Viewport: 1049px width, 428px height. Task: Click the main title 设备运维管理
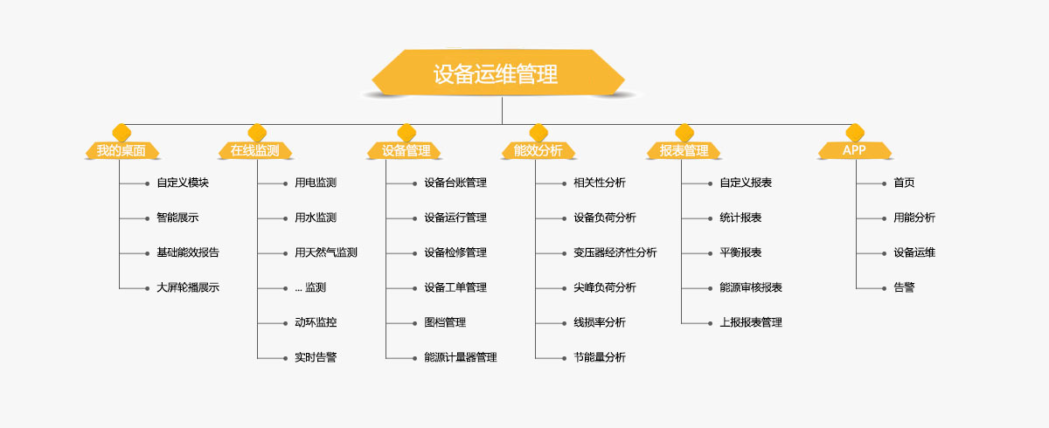(496, 74)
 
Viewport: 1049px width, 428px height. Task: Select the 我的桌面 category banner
(122, 150)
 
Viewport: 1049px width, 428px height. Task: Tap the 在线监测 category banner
(255, 150)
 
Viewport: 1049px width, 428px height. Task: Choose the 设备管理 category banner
(406, 150)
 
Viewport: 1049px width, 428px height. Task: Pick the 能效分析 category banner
(538, 150)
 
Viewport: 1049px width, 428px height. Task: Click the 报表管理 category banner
(684, 150)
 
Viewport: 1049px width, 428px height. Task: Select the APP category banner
(855, 150)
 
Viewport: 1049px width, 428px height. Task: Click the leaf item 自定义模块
(183, 183)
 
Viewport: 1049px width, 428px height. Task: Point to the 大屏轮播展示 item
(188, 287)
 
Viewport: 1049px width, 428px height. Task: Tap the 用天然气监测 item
(326, 252)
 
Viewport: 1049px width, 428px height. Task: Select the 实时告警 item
(316, 358)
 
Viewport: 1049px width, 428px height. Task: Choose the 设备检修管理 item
(455, 252)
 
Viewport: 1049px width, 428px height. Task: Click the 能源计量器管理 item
(461, 358)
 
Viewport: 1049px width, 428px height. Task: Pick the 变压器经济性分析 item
(615, 252)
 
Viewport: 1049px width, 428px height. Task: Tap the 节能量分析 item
(600, 358)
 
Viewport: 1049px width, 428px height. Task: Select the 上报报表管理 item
(751, 323)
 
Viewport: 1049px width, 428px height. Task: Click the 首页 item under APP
(904, 183)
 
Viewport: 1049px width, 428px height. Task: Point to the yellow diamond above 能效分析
(538, 133)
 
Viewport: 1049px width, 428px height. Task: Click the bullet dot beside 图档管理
(414, 323)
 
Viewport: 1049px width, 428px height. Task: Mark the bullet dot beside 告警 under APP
(884, 288)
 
